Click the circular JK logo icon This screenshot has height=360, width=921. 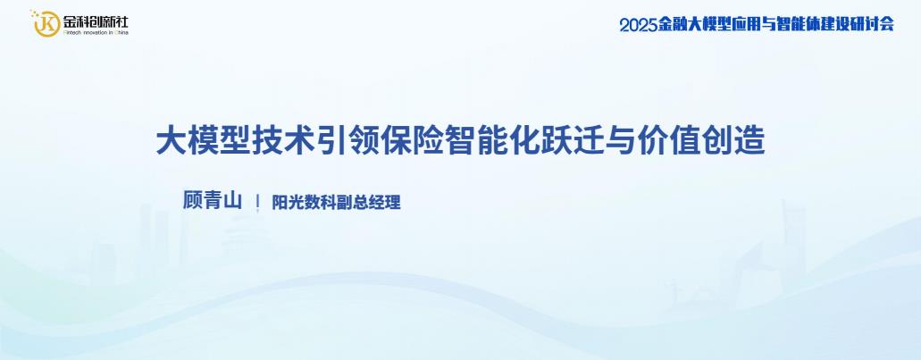tap(46, 23)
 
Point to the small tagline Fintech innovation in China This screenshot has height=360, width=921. tap(95, 32)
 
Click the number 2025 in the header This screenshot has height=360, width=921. tap(638, 24)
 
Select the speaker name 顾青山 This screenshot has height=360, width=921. tap(212, 201)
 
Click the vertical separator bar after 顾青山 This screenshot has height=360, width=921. tap(257, 202)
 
